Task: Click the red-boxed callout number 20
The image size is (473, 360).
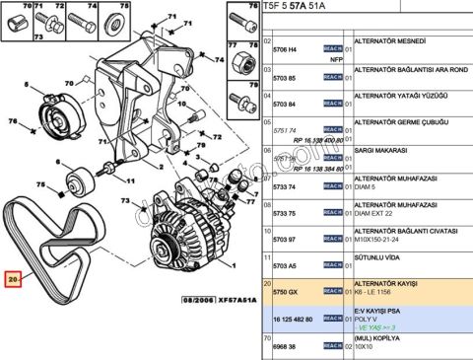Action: coord(13,279)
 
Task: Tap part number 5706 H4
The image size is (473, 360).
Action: coord(287,48)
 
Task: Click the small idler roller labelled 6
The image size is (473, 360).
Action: coord(80,180)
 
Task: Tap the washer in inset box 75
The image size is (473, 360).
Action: coord(115,22)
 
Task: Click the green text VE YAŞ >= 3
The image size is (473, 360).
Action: coord(376,327)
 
